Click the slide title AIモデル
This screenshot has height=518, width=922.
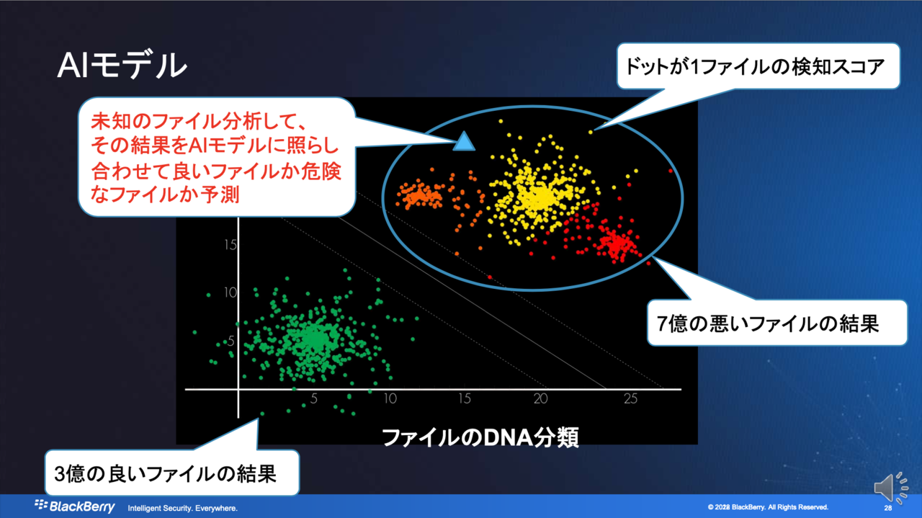[x=122, y=65]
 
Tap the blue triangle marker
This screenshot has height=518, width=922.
[x=464, y=141]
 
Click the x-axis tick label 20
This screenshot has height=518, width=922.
[x=541, y=398]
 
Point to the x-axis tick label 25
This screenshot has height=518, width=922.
[x=630, y=398]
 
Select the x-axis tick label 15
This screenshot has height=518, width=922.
[x=465, y=398]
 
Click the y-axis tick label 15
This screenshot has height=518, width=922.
[x=230, y=245]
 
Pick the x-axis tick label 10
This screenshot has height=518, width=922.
[x=390, y=398]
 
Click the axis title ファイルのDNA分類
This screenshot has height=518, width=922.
[x=480, y=437]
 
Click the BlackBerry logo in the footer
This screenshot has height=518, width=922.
[x=74, y=506]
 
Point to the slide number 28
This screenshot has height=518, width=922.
[x=888, y=508]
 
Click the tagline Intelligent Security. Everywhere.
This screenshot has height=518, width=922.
[x=182, y=508]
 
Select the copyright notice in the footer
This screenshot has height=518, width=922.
[x=768, y=507]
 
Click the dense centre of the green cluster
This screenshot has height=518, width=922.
[x=315, y=339]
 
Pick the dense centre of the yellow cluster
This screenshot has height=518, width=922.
[x=537, y=198]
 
